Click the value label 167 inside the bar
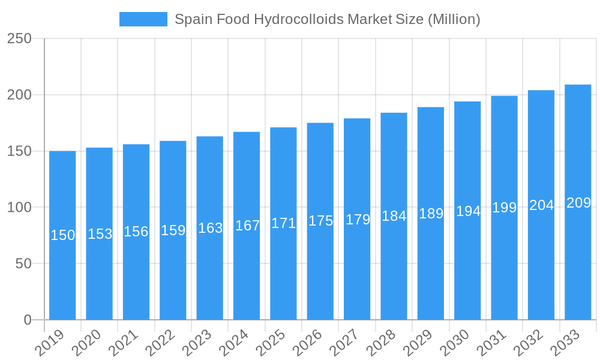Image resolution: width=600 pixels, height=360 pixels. point(247,226)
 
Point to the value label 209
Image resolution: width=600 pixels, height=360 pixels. point(579,203)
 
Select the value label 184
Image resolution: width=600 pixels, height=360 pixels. point(394,216)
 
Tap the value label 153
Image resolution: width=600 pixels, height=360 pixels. point(100,234)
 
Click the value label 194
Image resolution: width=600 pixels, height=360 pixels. point(468,211)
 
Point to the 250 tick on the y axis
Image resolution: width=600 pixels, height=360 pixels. point(19,38)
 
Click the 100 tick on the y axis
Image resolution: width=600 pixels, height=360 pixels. point(19,208)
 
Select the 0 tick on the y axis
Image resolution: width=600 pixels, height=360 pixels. point(28,320)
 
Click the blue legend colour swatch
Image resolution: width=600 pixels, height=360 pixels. point(143,19)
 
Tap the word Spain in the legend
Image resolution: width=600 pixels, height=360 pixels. point(191,19)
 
